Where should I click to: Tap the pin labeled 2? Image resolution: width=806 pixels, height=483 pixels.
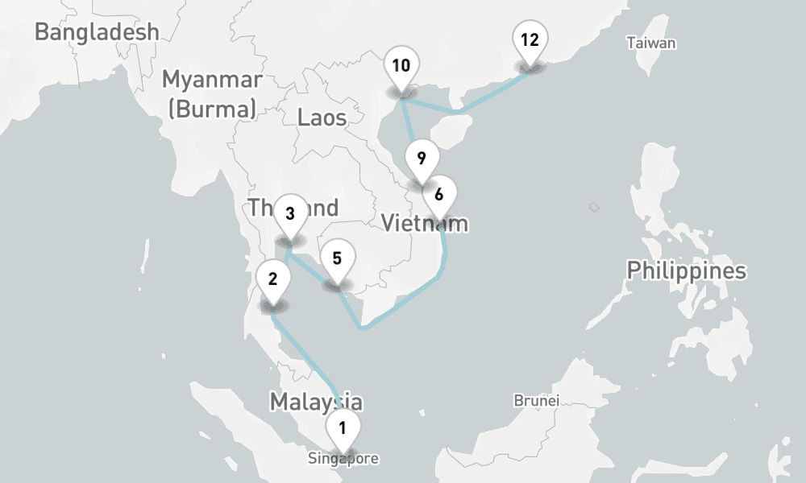272,280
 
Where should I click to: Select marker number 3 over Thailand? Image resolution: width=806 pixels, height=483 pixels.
290,214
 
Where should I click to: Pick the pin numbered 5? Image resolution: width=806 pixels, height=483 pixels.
337,259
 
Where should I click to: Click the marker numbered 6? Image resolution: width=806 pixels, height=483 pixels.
438,195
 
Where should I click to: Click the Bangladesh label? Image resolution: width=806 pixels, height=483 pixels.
97,32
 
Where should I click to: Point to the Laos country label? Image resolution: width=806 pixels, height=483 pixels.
322,118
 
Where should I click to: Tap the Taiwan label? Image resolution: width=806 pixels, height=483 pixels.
651,43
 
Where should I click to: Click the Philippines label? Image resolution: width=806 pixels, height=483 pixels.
687,270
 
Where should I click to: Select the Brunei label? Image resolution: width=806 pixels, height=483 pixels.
537,400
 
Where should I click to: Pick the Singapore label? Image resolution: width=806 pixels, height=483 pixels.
343,460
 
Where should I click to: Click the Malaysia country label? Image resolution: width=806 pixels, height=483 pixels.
315,401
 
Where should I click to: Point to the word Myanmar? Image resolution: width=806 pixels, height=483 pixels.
212,80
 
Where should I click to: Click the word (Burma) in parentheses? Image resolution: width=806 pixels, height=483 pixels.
212,109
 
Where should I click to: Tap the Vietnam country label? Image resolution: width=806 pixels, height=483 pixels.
424,223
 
